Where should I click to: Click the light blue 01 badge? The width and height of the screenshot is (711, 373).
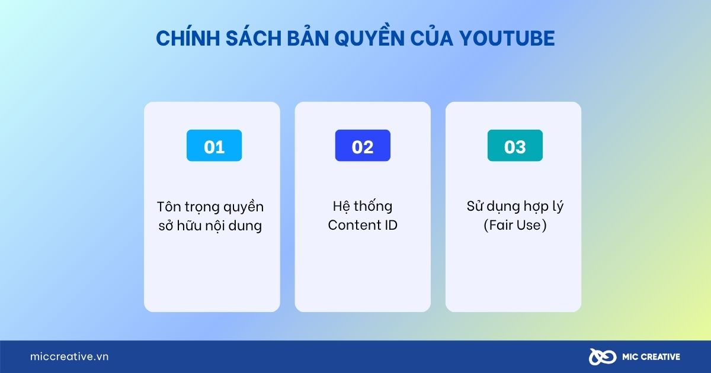(x=214, y=146)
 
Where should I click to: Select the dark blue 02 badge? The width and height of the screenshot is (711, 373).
(x=363, y=146)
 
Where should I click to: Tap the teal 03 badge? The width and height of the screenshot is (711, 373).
(x=514, y=146)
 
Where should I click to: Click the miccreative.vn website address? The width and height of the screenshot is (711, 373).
(x=69, y=357)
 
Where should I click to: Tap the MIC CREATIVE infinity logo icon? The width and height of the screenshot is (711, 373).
(x=602, y=357)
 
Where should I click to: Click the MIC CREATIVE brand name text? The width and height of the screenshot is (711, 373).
(x=651, y=357)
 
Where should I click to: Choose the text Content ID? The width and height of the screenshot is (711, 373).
(x=363, y=226)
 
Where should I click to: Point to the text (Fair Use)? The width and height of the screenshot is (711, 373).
(x=514, y=226)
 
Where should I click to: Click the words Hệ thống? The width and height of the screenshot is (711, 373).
(x=363, y=207)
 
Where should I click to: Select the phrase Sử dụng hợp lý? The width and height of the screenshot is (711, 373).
(x=514, y=207)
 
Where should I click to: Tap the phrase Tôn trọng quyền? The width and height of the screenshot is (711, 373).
(x=210, y=207)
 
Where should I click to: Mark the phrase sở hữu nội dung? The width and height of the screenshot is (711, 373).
(x=210, y=226)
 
